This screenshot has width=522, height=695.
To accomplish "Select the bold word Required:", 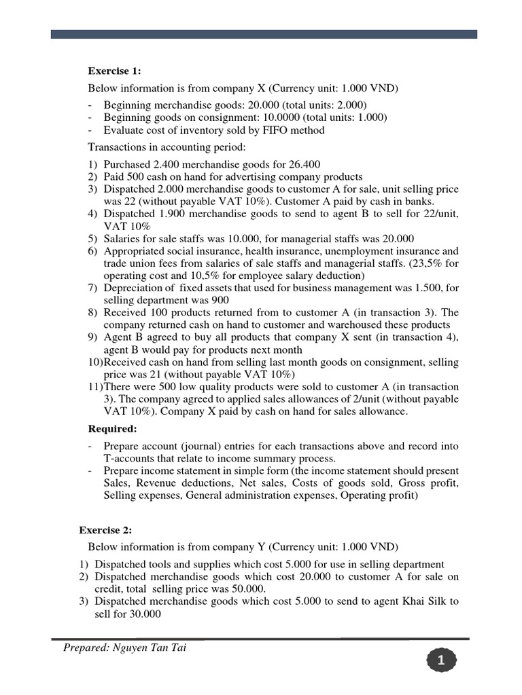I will click(x=113, y=429).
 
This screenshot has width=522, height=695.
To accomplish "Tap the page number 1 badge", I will click(x=442, y=660).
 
